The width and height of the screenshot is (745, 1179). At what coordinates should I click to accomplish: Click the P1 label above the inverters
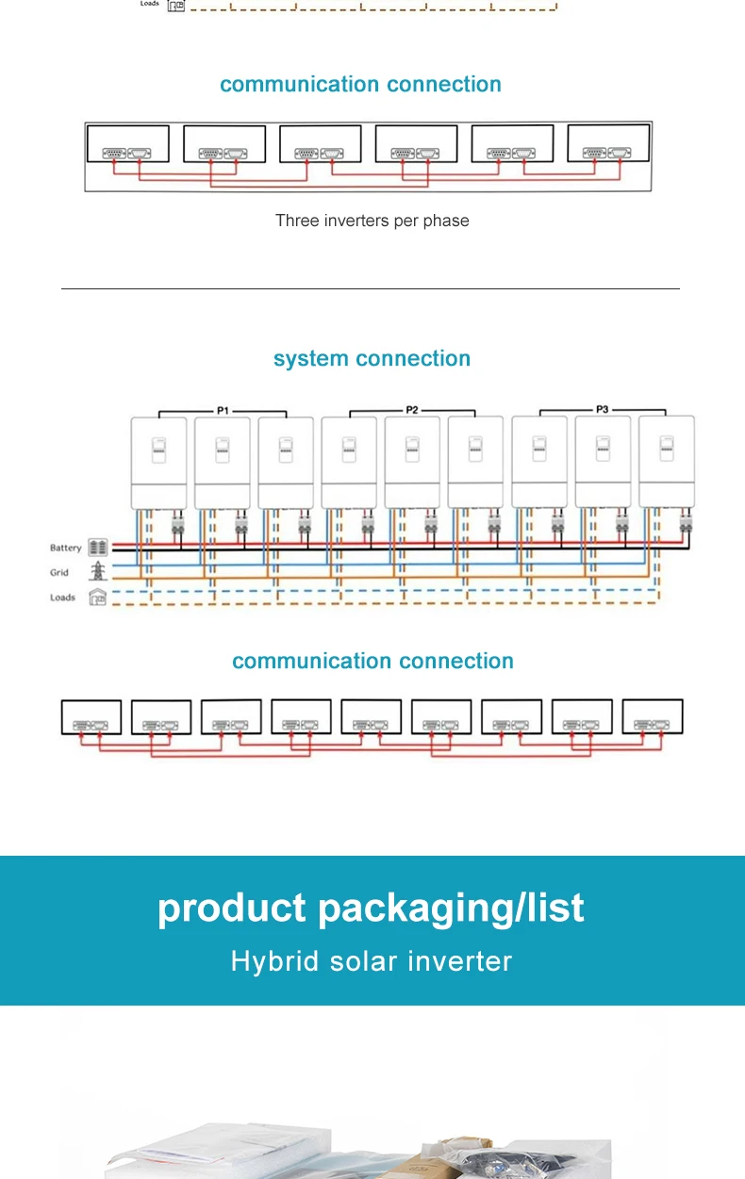223,410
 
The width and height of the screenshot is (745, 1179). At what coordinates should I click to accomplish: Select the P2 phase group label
412,410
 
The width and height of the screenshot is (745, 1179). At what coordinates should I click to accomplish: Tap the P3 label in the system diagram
603,409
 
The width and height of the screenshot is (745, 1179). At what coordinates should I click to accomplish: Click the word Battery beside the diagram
66,548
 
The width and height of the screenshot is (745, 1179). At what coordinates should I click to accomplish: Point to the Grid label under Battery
59,572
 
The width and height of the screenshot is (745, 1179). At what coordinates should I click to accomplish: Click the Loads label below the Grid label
62,598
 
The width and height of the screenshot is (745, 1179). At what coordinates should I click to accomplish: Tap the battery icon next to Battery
98,548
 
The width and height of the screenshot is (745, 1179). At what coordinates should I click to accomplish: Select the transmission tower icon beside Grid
98,572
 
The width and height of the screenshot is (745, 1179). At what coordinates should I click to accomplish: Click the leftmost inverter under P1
158,462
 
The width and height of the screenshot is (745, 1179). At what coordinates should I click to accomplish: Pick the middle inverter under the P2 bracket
412,462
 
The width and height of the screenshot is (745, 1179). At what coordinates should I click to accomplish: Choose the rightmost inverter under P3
666,462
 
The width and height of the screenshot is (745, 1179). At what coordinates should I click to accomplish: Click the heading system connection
372,359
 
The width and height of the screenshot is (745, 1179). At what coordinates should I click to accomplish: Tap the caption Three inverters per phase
372,221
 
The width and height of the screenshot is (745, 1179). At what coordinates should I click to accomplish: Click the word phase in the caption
448,221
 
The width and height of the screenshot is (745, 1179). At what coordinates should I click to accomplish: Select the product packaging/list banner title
371,909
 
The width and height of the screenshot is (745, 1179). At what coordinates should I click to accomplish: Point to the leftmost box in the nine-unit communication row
91,717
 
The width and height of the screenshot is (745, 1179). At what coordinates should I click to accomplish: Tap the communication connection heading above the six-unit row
360,84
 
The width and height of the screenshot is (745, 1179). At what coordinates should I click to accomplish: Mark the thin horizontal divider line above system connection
370,288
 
